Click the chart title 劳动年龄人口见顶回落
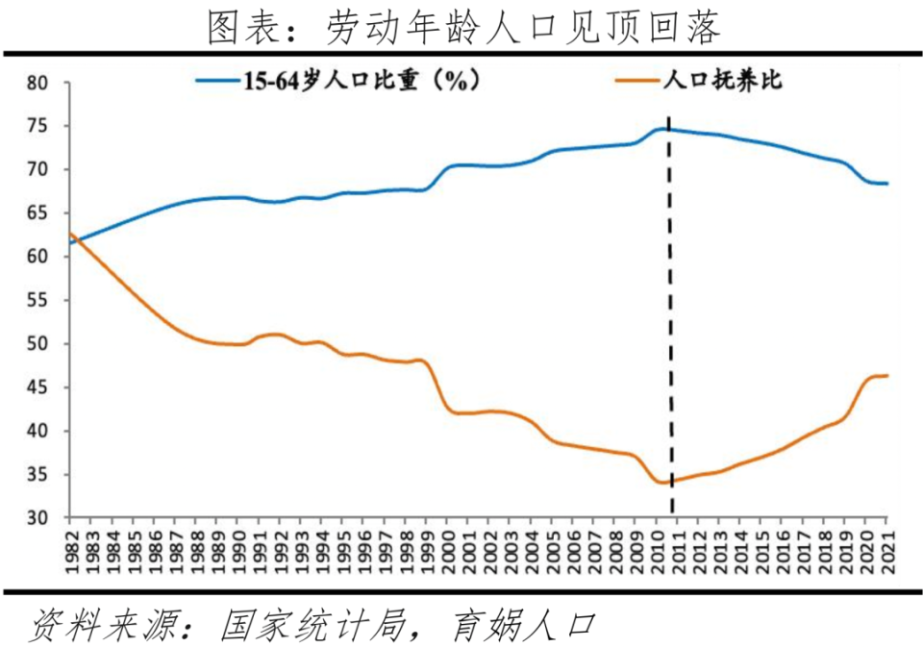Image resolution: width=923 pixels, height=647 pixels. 461,26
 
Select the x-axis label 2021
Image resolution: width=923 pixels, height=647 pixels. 886,548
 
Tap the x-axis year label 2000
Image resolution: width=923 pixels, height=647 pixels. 447,548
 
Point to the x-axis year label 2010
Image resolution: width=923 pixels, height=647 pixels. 656,548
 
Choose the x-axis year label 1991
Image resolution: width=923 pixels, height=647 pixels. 259,548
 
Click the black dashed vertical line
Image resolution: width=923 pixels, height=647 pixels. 670,317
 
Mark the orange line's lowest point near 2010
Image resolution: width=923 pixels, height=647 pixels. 661,482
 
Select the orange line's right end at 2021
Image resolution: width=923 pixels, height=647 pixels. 886,375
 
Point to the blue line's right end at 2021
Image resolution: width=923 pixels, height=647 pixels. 886,183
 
